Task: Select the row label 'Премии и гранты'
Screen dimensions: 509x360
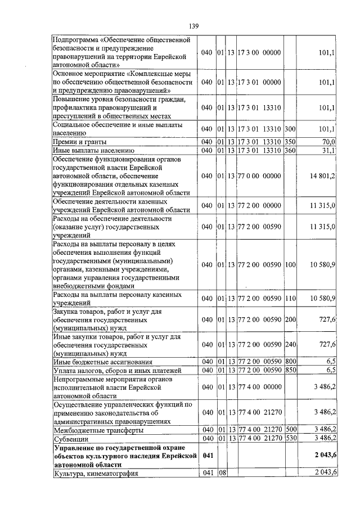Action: coord(78,142)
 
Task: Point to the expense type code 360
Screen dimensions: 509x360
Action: coord(290,151)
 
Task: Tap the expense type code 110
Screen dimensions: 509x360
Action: coord(290,298)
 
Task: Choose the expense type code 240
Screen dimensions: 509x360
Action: coord(290,344)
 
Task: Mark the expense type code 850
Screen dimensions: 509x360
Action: coord(290,370)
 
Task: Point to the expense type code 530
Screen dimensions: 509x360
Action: coord(290,438)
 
